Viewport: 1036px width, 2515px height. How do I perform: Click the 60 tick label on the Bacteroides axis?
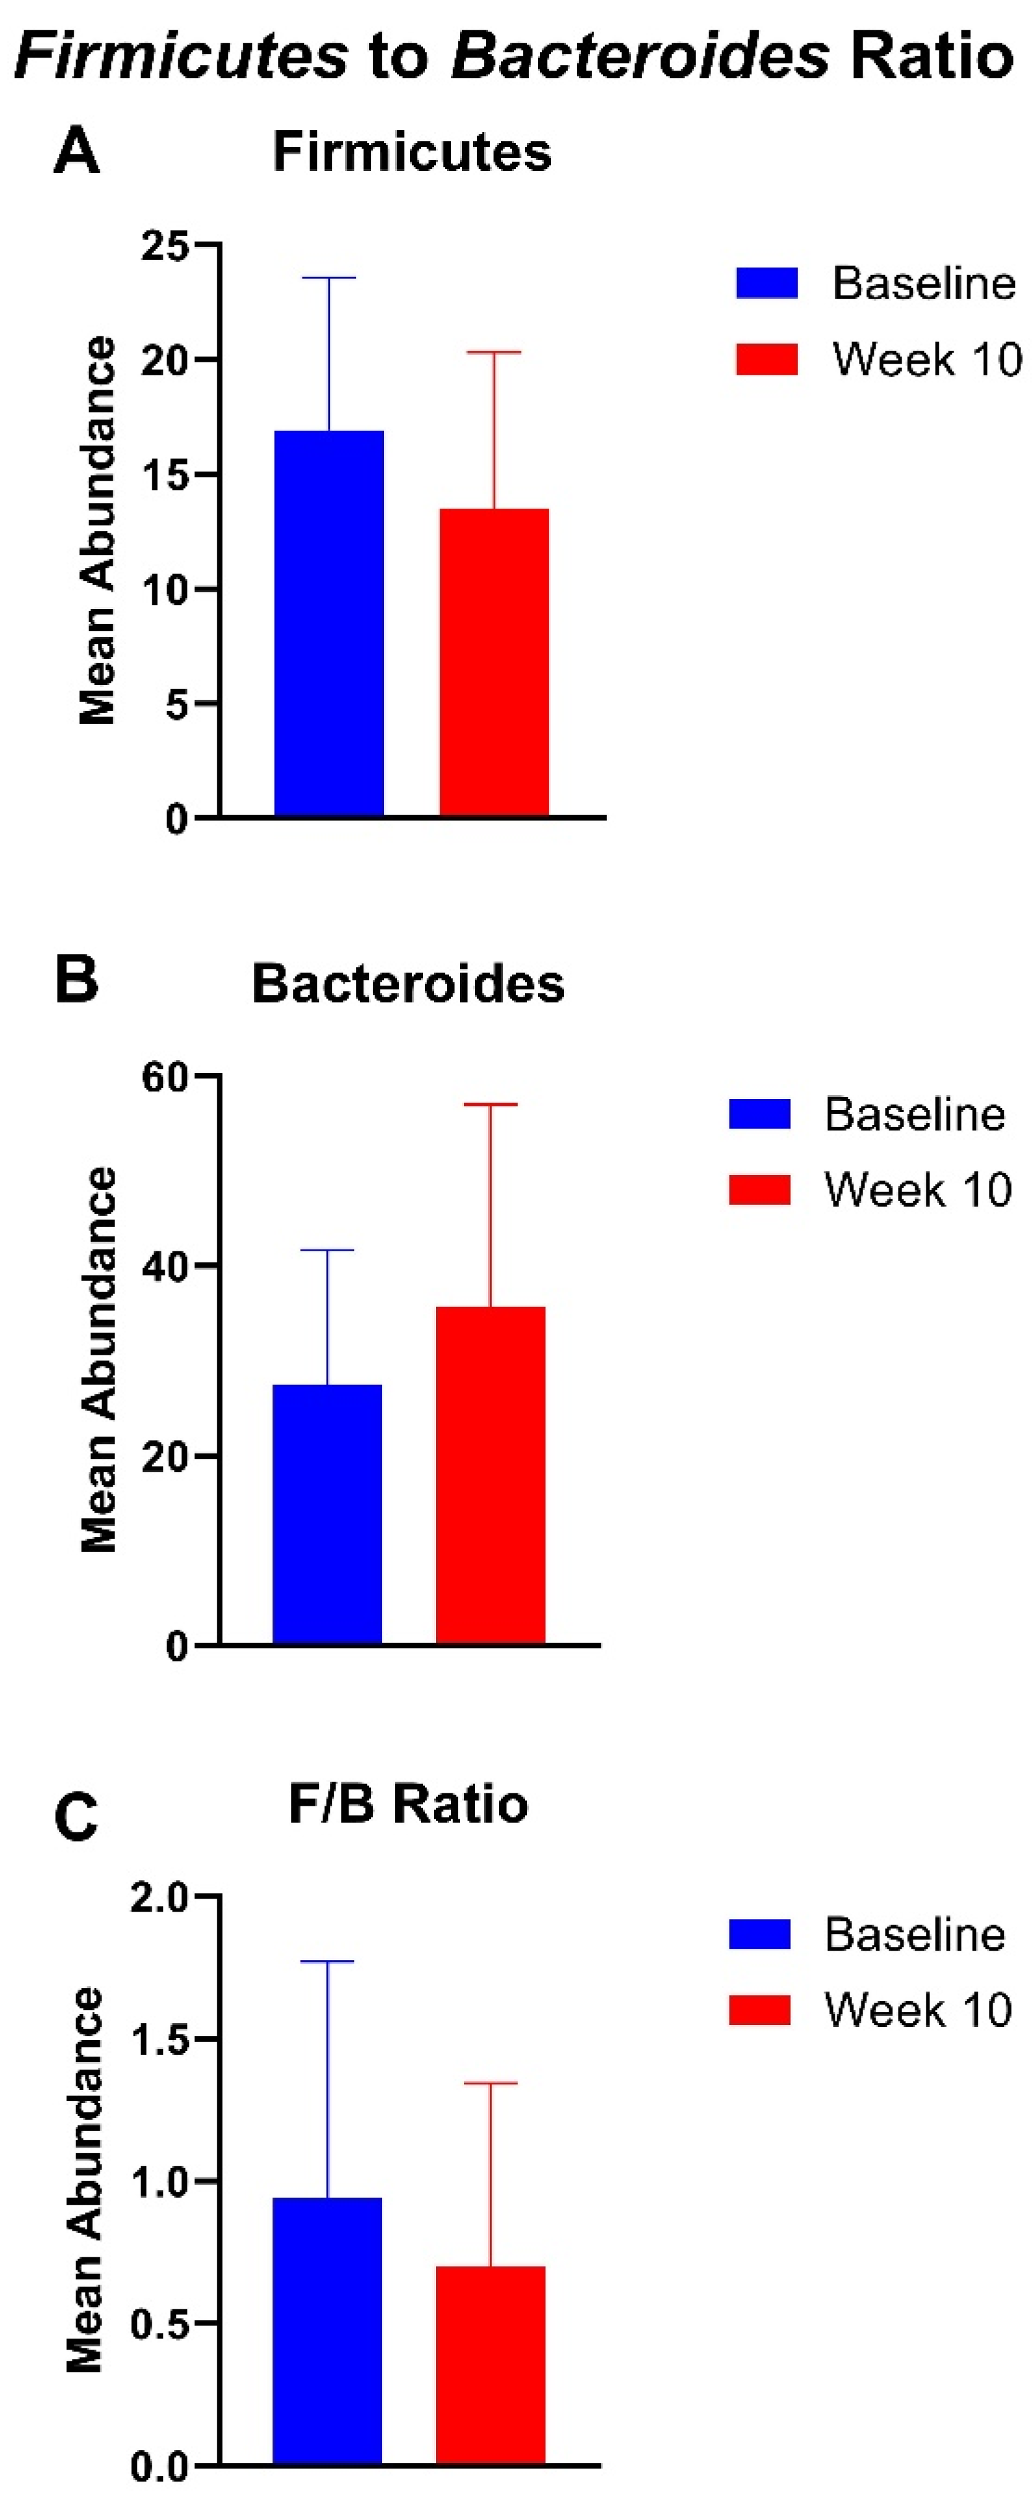[x=164, y=1077]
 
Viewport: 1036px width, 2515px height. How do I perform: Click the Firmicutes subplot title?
[x=412, y=153]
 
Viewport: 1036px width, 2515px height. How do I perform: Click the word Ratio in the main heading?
[x=931, y=56]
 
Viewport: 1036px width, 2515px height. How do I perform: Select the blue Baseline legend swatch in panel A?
[x=767, y=283]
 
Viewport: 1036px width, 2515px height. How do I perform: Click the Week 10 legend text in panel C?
[x=918, y=2010]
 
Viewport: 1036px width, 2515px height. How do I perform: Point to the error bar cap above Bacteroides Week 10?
[x=490, y=1104]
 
